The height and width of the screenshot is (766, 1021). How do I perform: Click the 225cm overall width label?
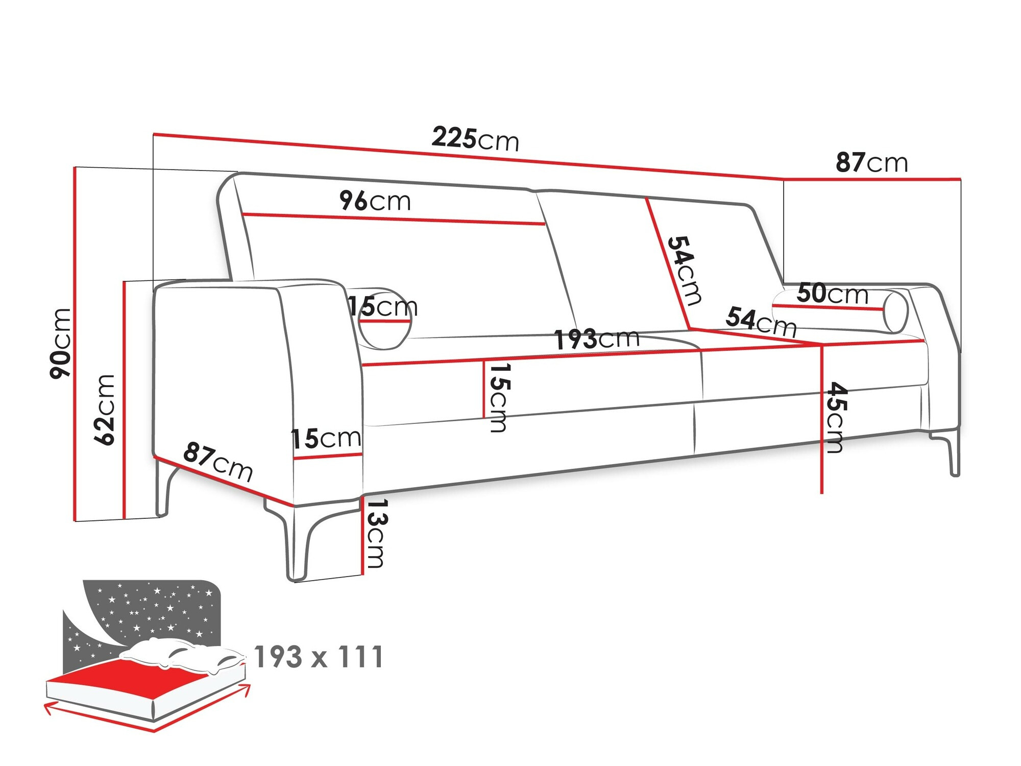pyautogui.click(x=475, y=139)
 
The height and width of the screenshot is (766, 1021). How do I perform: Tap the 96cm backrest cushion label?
pyautogui.click(x=375, y=201)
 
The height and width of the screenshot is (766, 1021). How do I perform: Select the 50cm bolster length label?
pyautogui.click(x=832, y=294)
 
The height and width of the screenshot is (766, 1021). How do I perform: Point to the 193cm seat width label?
pyautogui.click(x=597, y=339)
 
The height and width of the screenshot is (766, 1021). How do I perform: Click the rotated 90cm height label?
pyautogui.click(x=61, y=343)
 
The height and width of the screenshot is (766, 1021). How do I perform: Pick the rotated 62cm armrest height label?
pyautogui.click(x=105, y=410)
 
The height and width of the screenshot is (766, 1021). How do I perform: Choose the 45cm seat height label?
pyautogui.click(x=836, y=417)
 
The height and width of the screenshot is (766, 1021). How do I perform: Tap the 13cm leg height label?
pyautogui.click(x=376, y=533)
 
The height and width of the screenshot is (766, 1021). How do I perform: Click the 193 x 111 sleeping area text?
pyautogui.click(x=319, y=657)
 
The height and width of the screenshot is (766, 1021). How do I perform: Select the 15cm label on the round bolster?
pyautogui.click(x=382, y=307)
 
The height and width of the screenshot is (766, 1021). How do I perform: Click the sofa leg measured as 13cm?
pyautogui.click(x=299, y=541)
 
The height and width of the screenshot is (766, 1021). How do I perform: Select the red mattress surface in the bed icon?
pyautogui.click(x=128, y=674)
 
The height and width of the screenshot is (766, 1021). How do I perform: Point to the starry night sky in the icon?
pyautogui.click(x=153, y=608)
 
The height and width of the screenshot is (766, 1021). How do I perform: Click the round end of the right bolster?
pyautogui.click(x=895, y=311)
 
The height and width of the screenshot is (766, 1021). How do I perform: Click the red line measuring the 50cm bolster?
pyautogui.click(x=827, y=307)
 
